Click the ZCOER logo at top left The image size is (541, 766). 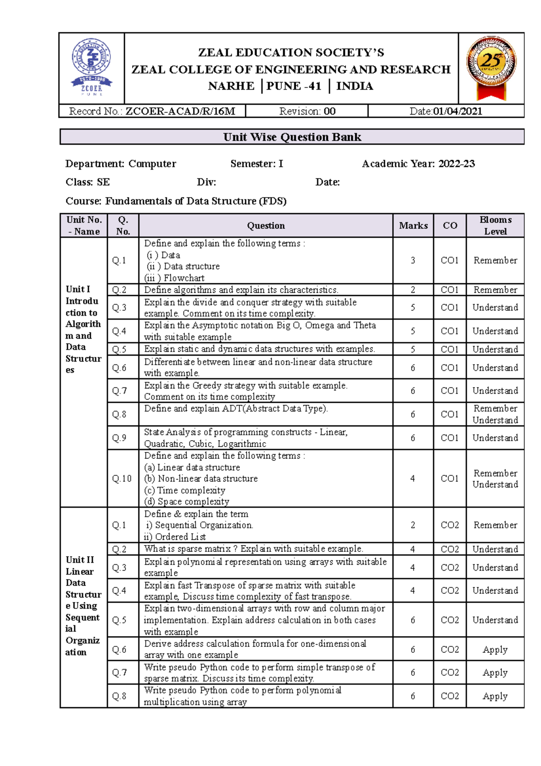tap(92, 67)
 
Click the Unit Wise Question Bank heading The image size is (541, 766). tap(292, 137)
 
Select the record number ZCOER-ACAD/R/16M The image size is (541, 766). tap(180, 111)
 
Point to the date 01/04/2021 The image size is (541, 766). tap(458, 111)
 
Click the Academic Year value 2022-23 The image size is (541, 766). tap(457, 164)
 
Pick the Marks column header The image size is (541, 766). tap(413, 226)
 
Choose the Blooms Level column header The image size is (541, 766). tap(495, 226)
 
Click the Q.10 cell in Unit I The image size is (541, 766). tap(122, 478)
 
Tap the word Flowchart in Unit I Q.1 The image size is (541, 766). tap(184, 278)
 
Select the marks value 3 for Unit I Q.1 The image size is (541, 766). tap(413, 260)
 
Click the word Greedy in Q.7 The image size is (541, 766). tap(207, 385)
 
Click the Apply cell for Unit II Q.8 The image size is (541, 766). tap(495, 696)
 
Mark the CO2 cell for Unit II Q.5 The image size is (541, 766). tap(449, 620)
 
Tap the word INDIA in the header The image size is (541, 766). tap(354, 86)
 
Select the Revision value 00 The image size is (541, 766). tap(330, 111)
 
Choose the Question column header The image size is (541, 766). tap(266, 226)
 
